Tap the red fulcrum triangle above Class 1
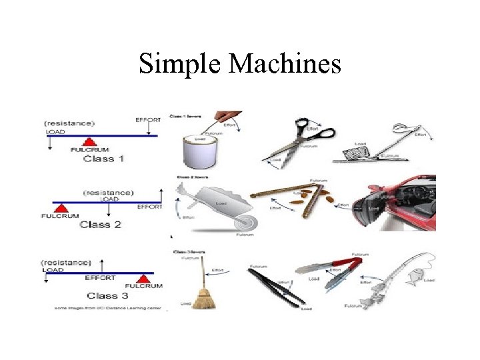(89, 142)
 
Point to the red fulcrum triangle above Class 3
(143, 279)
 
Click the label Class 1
(103, 159)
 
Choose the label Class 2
(100, 225)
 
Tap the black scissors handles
(319, 131)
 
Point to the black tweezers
(280, 289)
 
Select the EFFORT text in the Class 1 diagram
(148, 121)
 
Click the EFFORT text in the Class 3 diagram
(100, 277)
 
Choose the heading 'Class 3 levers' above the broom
(189, 252)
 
